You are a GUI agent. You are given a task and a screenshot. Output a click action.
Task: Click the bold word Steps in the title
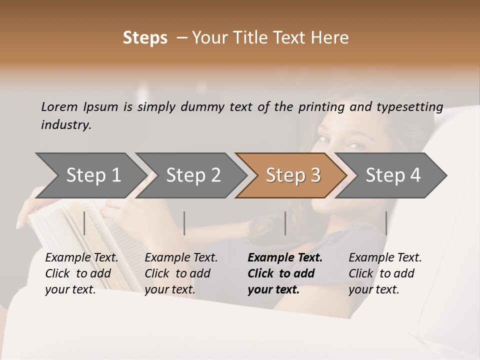pyautogui.click(x=145, y=38)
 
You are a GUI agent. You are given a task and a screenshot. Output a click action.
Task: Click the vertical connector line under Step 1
pyautogui.click(x=84, y=223)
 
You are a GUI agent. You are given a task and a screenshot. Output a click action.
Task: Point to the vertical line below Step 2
pyautogui.click(x=184, y=223)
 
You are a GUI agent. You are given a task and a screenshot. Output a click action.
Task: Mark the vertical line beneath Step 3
pyautogui.click(x=285, y=223)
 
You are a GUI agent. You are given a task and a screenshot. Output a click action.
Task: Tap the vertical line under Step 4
pyautogui.click(x=386, y=223)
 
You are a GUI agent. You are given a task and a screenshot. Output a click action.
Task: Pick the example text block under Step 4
pyautogui.click(x=385, y=273)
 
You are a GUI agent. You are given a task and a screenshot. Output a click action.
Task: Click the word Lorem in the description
pyautogui.click(x=59, y=106)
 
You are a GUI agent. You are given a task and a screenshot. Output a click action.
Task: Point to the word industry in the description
pyautogui.click(x=66, y=125)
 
